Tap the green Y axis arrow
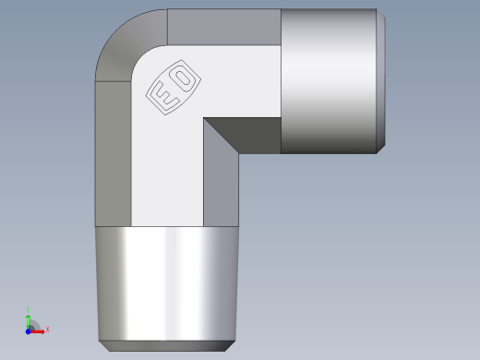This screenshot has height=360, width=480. coord(29,318)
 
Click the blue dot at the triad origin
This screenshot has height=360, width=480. coord(29,330)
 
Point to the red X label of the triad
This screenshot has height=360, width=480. coord(47,330)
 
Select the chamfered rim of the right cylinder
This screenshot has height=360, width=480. coord(381,81)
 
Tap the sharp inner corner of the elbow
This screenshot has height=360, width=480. coord(204,118)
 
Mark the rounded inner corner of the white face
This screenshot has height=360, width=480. coord(142,56)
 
